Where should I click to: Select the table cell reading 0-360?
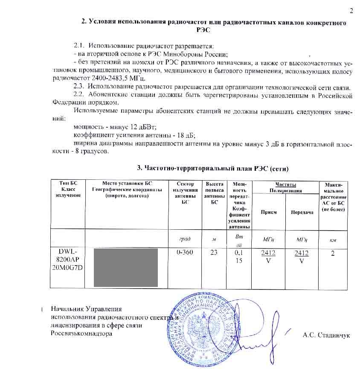click(185, 252)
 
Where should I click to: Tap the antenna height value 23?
click(214, 252)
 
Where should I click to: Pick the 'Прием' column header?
click(268, 212)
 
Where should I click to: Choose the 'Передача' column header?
click(302, 212)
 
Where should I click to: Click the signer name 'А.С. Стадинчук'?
click(326, 335)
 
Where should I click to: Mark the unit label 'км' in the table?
click(333, 240)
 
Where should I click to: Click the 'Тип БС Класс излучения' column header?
click(68, 189)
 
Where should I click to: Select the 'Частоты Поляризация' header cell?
click(285, 187)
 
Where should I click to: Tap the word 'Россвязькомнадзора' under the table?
click(81, 333)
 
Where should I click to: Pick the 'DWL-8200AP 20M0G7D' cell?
click(68, 260)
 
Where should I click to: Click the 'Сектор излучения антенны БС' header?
click(185, 193)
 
